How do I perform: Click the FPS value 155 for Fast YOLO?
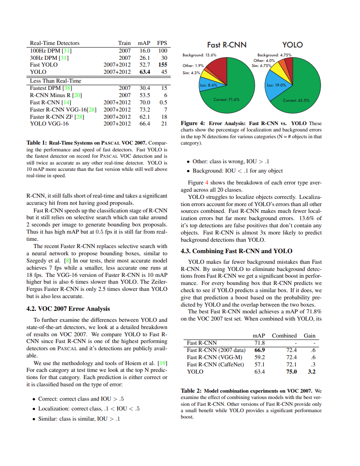click(x=163, y=65)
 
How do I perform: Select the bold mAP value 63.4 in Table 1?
click(x=144, y=72)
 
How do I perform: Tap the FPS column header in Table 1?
click(x=162, y=43)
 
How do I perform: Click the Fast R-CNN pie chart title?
click(x=226, y=45)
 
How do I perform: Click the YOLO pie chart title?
click(x=292, y=45)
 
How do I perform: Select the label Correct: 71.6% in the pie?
click(x=226, y=100)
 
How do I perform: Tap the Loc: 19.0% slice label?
click(x=277, y=85)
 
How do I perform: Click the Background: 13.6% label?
click(x=199, y=55)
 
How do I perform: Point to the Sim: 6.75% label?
click(x=262, y=66)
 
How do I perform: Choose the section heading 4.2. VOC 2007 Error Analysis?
click(x=68, y=309)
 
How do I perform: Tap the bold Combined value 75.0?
click(x=292, y=371)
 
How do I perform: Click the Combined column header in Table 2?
click(x=284, y=335)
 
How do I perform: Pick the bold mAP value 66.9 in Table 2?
click(x=260, y=350)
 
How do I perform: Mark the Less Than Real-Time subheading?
click(x=55, y=81)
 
